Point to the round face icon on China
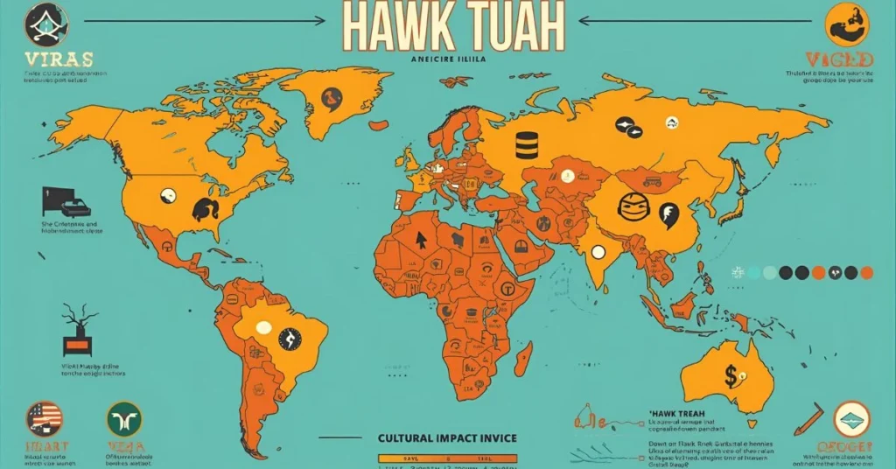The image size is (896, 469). [633, 207]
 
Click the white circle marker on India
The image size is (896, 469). [598, 251]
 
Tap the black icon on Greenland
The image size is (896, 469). [331, 98]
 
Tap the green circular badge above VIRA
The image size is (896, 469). [123, 419]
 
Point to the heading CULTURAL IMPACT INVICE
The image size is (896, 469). [446, 437]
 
